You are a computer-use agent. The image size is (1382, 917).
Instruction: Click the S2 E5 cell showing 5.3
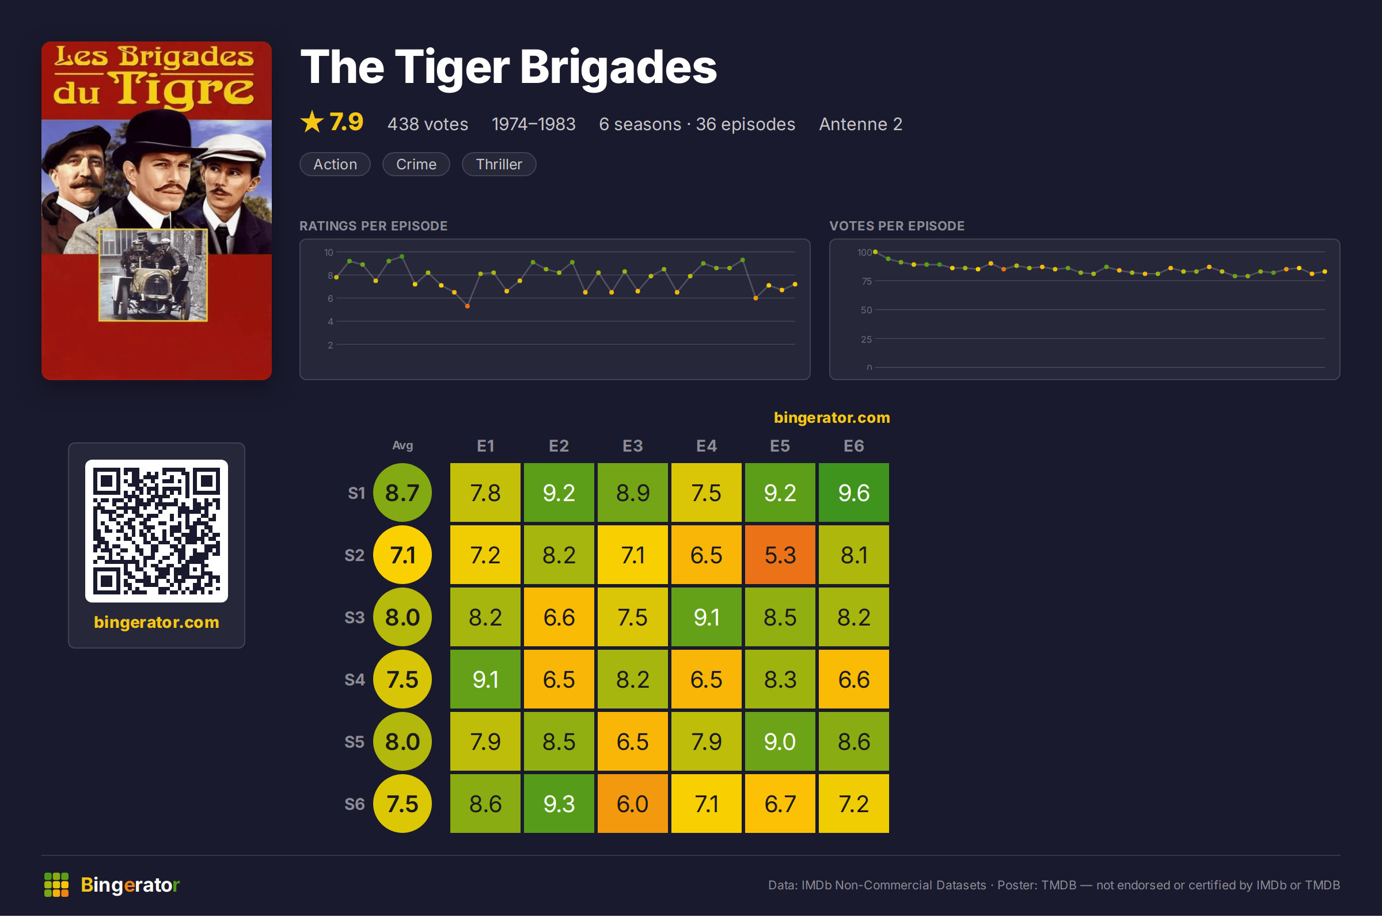(x=780, y=555)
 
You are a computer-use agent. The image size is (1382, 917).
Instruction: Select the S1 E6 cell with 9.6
(x=853, y=492)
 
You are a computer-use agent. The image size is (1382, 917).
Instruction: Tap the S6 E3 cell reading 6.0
(x=632, y=804)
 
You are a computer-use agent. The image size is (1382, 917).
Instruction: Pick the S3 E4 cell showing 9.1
(x=706, y=617)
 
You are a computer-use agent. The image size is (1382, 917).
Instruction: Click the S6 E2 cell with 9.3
(x=559, y=804)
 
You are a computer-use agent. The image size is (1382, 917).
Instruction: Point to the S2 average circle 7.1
(x=402, y=555)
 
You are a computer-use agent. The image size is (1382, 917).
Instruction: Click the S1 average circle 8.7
(x=402, y=492)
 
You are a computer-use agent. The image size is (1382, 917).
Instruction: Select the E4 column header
(x=706, y=446)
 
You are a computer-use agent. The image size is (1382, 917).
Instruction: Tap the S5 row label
(x=354, y=741)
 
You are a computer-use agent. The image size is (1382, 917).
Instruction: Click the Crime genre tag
(x=416, y=164)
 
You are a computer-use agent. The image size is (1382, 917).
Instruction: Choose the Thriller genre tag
(x=499, y=164)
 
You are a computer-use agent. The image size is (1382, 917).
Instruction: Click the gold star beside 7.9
(x=312, y=122)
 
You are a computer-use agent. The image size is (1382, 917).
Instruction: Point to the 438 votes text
(x=427, y=124)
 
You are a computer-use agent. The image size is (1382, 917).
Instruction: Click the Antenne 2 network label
(x=860, y=124)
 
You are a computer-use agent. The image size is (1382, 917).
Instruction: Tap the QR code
(x=157, y=531)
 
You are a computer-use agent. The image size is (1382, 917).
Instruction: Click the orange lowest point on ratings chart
(x=467, y=306)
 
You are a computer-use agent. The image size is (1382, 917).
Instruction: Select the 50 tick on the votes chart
(x=866, y=310)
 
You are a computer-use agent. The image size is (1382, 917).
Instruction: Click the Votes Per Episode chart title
(x=897, y=226)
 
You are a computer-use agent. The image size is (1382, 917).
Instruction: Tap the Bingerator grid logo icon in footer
(x=56, y=884)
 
